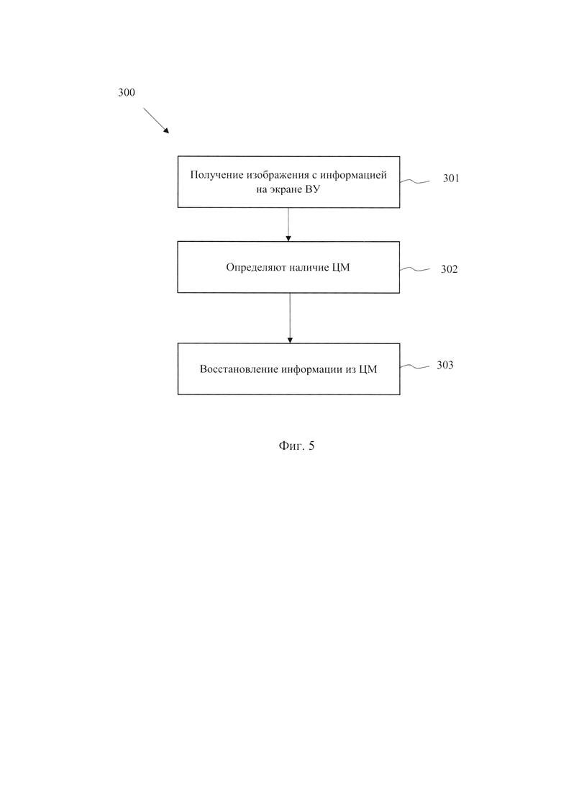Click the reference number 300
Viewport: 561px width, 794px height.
127,93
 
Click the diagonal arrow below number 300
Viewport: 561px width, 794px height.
156,120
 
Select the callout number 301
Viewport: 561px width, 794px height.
451,179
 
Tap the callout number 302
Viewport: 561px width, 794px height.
450,269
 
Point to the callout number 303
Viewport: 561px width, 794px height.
445,365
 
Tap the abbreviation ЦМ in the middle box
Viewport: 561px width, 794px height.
341,268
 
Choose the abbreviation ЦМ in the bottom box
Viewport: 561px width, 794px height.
368,370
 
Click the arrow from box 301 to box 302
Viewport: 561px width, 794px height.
288,225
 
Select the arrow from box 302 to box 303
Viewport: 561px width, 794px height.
290,318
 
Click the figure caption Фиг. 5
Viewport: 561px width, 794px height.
296,446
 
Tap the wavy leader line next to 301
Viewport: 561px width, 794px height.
415,181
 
